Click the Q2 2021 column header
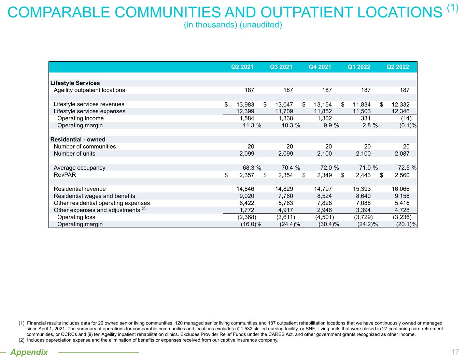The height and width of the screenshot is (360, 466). tap(242, 67)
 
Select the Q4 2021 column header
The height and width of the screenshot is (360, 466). tap(320, 67)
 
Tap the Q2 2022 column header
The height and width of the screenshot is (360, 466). tap(398, 67)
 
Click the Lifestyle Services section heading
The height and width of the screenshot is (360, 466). tap(75, 83)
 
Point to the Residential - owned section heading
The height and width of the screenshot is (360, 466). tap(78, 140)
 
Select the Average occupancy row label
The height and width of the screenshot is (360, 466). tap(80, 168)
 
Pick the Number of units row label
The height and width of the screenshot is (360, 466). tap(74, 154)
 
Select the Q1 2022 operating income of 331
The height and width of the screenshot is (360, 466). tap(365, 118)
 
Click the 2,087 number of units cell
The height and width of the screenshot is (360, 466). tap(402, 154)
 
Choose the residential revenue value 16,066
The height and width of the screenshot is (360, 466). tap(400, 189)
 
